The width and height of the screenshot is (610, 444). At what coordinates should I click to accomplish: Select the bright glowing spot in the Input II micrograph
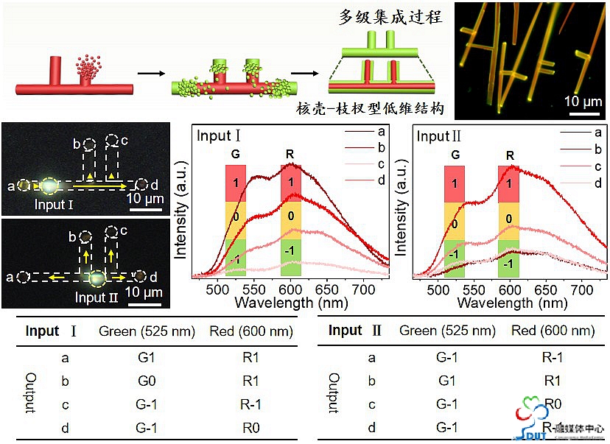point(96,278)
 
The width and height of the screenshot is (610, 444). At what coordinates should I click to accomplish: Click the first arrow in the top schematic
point(150,74)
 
